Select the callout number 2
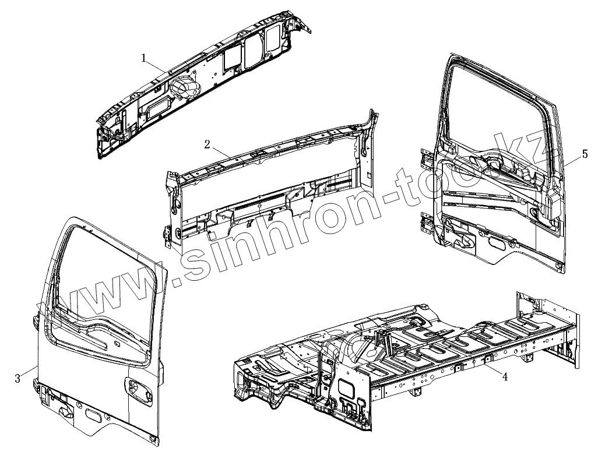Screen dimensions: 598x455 point(207,144)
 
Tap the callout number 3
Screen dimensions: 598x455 point(18,379)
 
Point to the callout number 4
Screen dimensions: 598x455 point(505,377)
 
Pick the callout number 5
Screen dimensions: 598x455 point(585,154)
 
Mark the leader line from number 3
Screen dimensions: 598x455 point(29,371)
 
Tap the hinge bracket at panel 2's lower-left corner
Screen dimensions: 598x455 point(168,232)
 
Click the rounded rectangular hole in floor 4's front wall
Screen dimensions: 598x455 point(348,387)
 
